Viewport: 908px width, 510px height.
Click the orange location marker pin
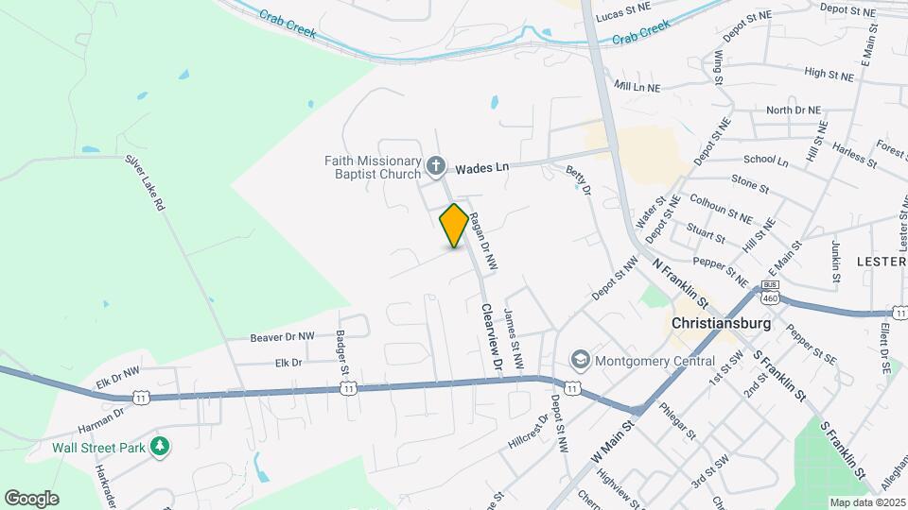pos(454,226)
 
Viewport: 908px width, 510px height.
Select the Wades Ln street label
pos(481,168)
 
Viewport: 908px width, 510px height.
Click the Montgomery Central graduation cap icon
pos(579,360)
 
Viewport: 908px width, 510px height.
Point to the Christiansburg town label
pos(721,323)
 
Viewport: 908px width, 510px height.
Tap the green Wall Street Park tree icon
pos(161,446)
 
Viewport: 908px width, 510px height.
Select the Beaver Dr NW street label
pos(281,336)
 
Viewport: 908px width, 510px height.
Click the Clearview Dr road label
pos(490,336)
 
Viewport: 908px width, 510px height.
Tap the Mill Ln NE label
pos(637,86)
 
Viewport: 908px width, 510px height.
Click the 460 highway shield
pos(770,295)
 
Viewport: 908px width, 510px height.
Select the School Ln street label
pos(765,161)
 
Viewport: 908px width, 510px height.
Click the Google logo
pos(31,498)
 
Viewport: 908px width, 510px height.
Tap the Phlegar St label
pos(678,422)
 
